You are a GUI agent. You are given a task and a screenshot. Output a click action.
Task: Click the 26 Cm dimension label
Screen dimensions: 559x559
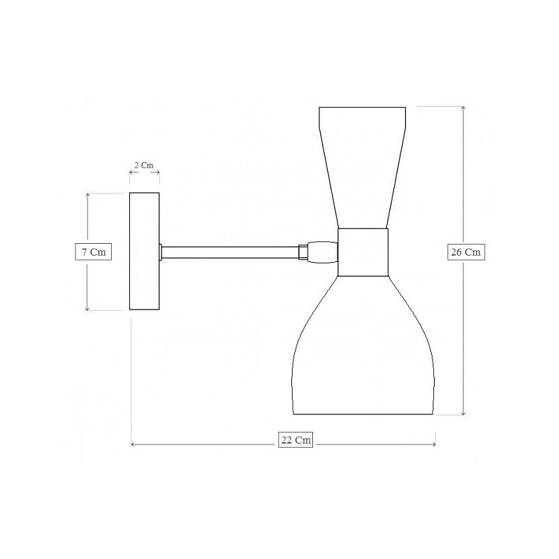pos(466,252)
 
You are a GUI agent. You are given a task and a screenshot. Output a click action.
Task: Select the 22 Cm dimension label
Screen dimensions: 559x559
pos(296,440)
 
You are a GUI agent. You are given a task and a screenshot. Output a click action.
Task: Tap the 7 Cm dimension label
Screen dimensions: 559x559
pos(94,252)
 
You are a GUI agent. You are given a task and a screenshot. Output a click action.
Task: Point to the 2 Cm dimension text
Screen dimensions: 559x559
pos(144,165)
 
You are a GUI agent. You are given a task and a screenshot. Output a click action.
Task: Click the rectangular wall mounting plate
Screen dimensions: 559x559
pos(145,251)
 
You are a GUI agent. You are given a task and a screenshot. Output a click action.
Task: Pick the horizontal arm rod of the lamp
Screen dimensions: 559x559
pos(231,252)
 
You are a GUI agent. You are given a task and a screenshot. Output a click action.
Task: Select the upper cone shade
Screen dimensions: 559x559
pos(362,167)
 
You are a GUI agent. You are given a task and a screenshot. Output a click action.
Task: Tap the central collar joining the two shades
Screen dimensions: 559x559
pos(363,252)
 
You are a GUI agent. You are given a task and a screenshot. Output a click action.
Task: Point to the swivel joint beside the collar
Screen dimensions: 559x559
pos(323,252)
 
